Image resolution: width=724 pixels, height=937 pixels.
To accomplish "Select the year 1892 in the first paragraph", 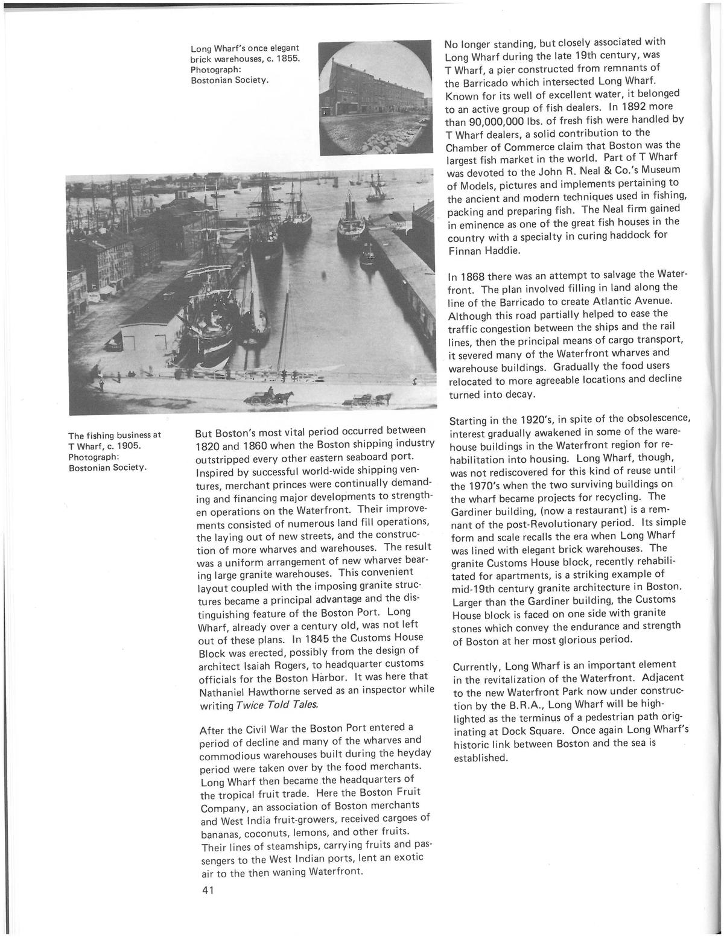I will tap(635, 107).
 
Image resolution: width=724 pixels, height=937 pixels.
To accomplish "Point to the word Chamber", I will tap(467, 147).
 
